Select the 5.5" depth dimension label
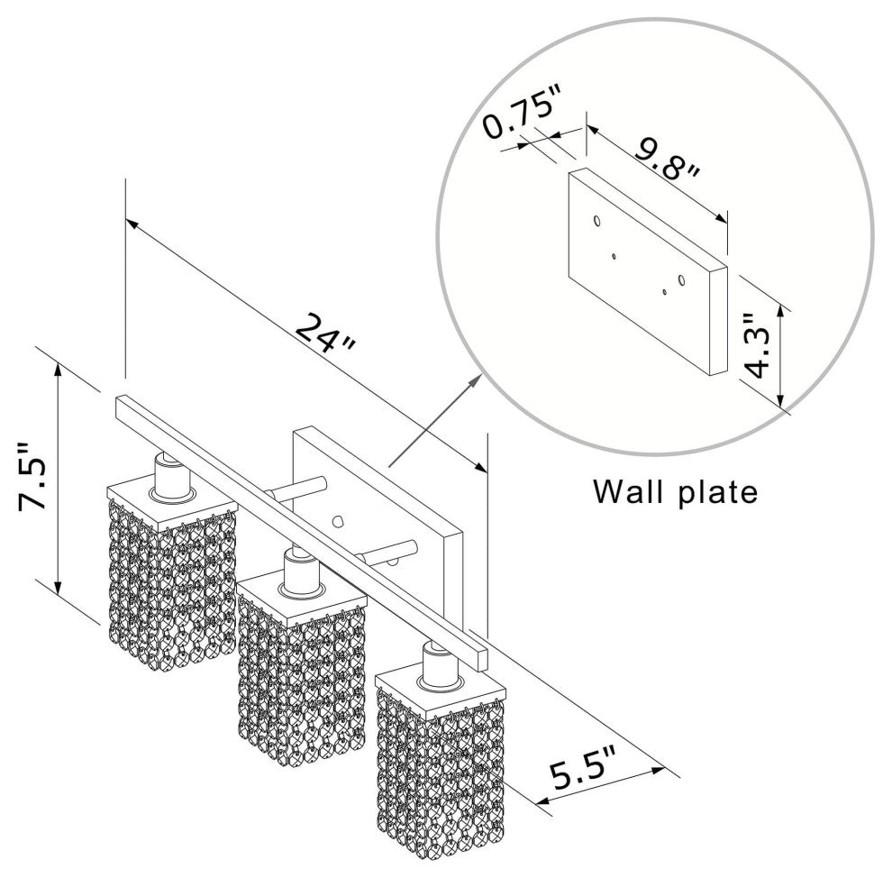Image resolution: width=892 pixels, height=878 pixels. coord(586,774)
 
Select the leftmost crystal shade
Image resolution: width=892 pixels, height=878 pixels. coord(171,577)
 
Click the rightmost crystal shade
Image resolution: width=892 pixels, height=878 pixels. coord(441,766)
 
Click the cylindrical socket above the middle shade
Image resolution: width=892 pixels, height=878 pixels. coord(297,571)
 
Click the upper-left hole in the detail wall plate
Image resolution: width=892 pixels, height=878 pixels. coord(596,220)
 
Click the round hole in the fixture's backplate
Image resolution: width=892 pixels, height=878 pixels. coord(339,520)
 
